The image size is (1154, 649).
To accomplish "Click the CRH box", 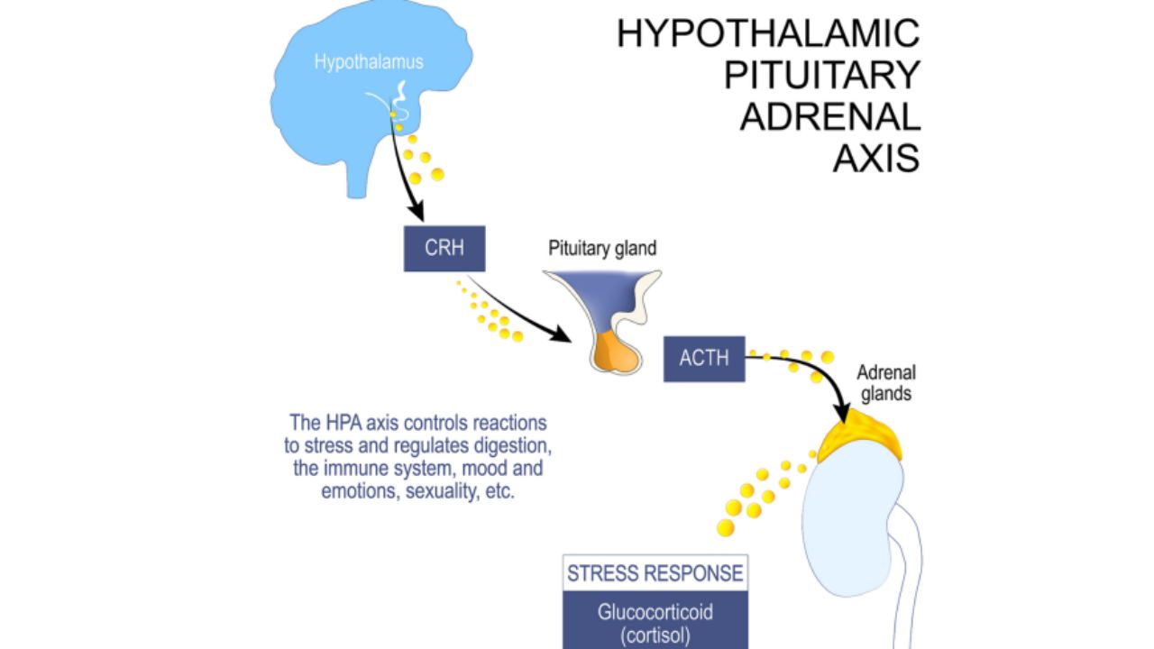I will (x=444, y=249).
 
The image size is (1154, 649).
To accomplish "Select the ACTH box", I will (x=704, y=358).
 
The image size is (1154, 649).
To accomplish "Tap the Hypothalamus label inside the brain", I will (x=368, y=62).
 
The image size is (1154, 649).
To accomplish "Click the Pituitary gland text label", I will (x=602, y=249).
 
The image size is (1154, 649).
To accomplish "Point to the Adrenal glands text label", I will (x=885, y=382).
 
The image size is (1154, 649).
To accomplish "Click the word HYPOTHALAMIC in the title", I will (x=768, y=34).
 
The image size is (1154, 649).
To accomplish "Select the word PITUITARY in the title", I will (x=821, y=76).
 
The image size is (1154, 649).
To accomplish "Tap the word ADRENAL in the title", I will (x=829, y=117).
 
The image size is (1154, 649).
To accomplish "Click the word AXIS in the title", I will (x=875, y=159).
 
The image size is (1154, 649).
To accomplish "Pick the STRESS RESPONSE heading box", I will (x=655, y=573).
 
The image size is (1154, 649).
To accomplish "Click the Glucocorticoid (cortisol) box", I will (x=655, y=622).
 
